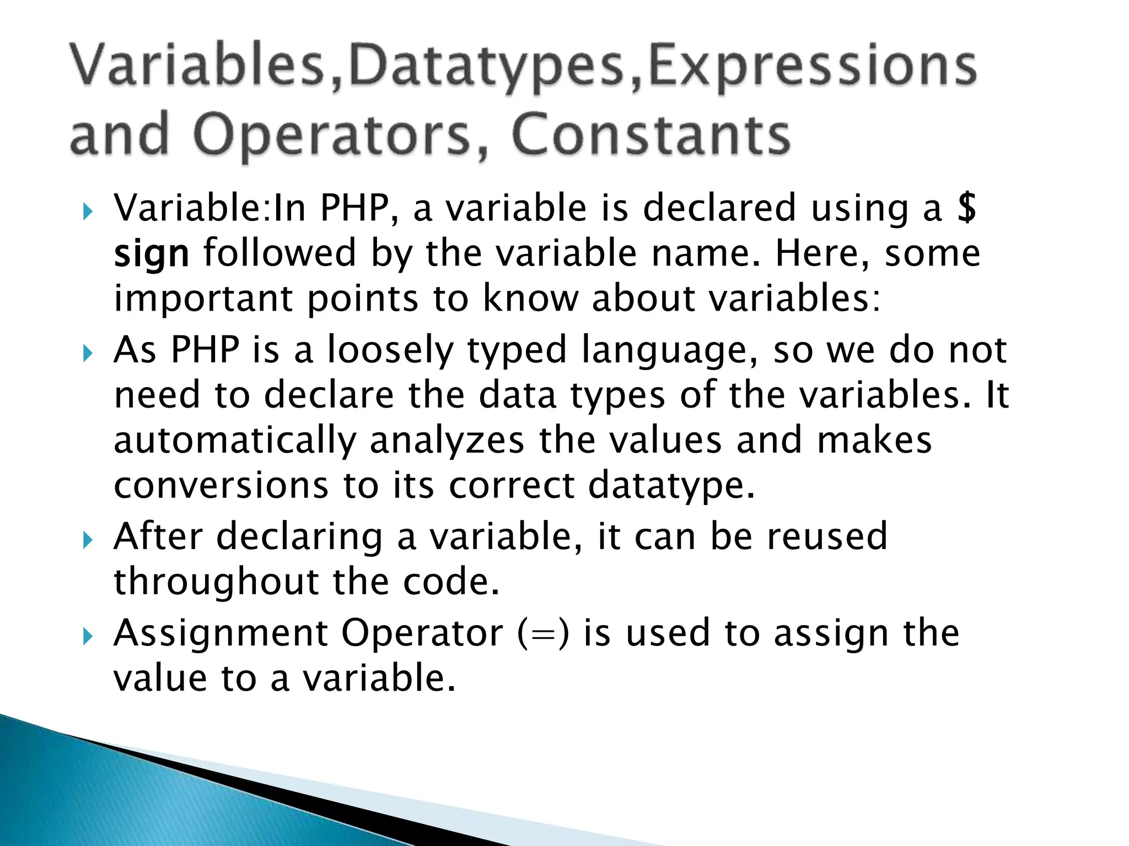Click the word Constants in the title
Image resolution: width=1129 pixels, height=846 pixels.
click(650, 135)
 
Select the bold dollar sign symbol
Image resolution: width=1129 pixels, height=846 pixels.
click(966, 208)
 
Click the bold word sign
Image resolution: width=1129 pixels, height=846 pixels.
click(151, 254)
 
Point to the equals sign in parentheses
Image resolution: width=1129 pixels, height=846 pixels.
click(543, 633)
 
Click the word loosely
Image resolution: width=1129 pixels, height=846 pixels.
click(390, 350)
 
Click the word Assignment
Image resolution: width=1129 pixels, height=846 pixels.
click(221, 633)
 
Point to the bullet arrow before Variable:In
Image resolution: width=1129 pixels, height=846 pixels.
click(88, 211)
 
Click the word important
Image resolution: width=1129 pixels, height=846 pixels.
click(203, 299)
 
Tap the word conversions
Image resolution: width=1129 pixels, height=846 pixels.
click(221, 486)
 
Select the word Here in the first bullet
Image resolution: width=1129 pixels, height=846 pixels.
click(816, 253)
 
